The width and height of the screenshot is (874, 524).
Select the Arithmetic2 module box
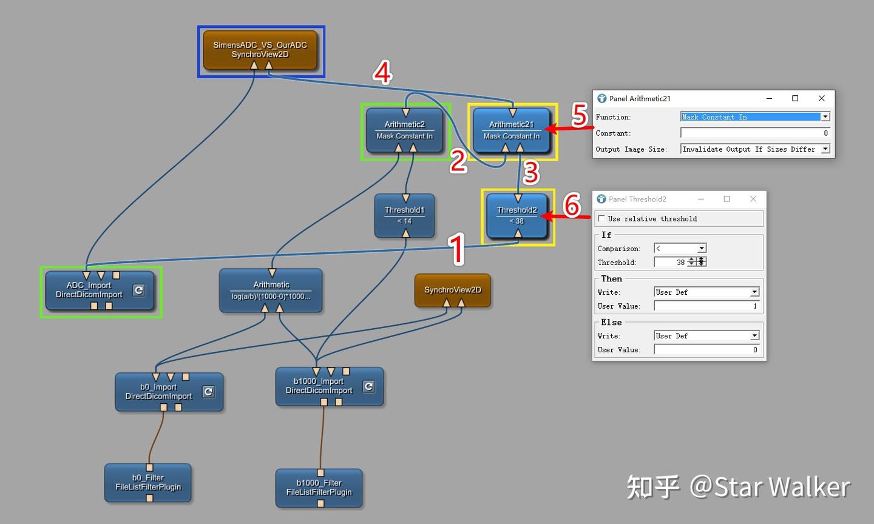point(405,130)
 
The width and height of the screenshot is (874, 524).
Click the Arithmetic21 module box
point(512,130)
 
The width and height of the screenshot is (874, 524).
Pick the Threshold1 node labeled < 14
point(405,216)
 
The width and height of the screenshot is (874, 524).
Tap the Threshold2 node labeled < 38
point(517,216)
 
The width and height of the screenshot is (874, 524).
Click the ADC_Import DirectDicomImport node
point(100,291)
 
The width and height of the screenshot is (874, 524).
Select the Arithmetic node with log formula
point(271,291)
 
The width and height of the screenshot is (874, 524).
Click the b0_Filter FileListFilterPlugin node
point(148,483)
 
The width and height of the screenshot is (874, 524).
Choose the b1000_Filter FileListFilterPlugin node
point(319,488)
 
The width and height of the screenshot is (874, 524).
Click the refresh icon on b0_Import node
point(208,391)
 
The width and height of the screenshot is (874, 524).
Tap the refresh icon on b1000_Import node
point(369,386)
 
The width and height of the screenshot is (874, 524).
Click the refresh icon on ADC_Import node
point(139,290)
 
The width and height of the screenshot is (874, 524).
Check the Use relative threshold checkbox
point(601,218)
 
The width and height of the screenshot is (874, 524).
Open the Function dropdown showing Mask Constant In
point(755,116)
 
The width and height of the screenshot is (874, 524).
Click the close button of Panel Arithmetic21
point(821,98)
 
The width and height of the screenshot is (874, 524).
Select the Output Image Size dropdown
point(755,149)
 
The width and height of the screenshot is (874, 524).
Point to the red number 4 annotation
point(382,73)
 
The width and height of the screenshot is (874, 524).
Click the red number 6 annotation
point(572,205)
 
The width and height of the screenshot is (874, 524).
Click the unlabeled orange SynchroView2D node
point(453,291)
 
